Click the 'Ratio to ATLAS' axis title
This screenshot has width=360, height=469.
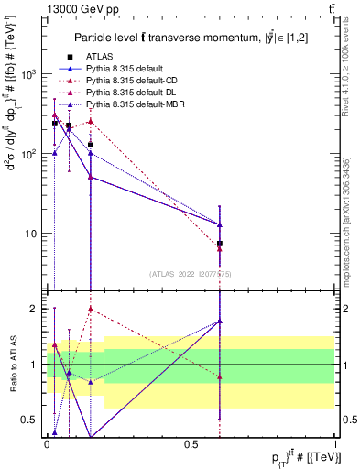[12, 363]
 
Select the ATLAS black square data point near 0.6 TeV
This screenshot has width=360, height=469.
[220, 244]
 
